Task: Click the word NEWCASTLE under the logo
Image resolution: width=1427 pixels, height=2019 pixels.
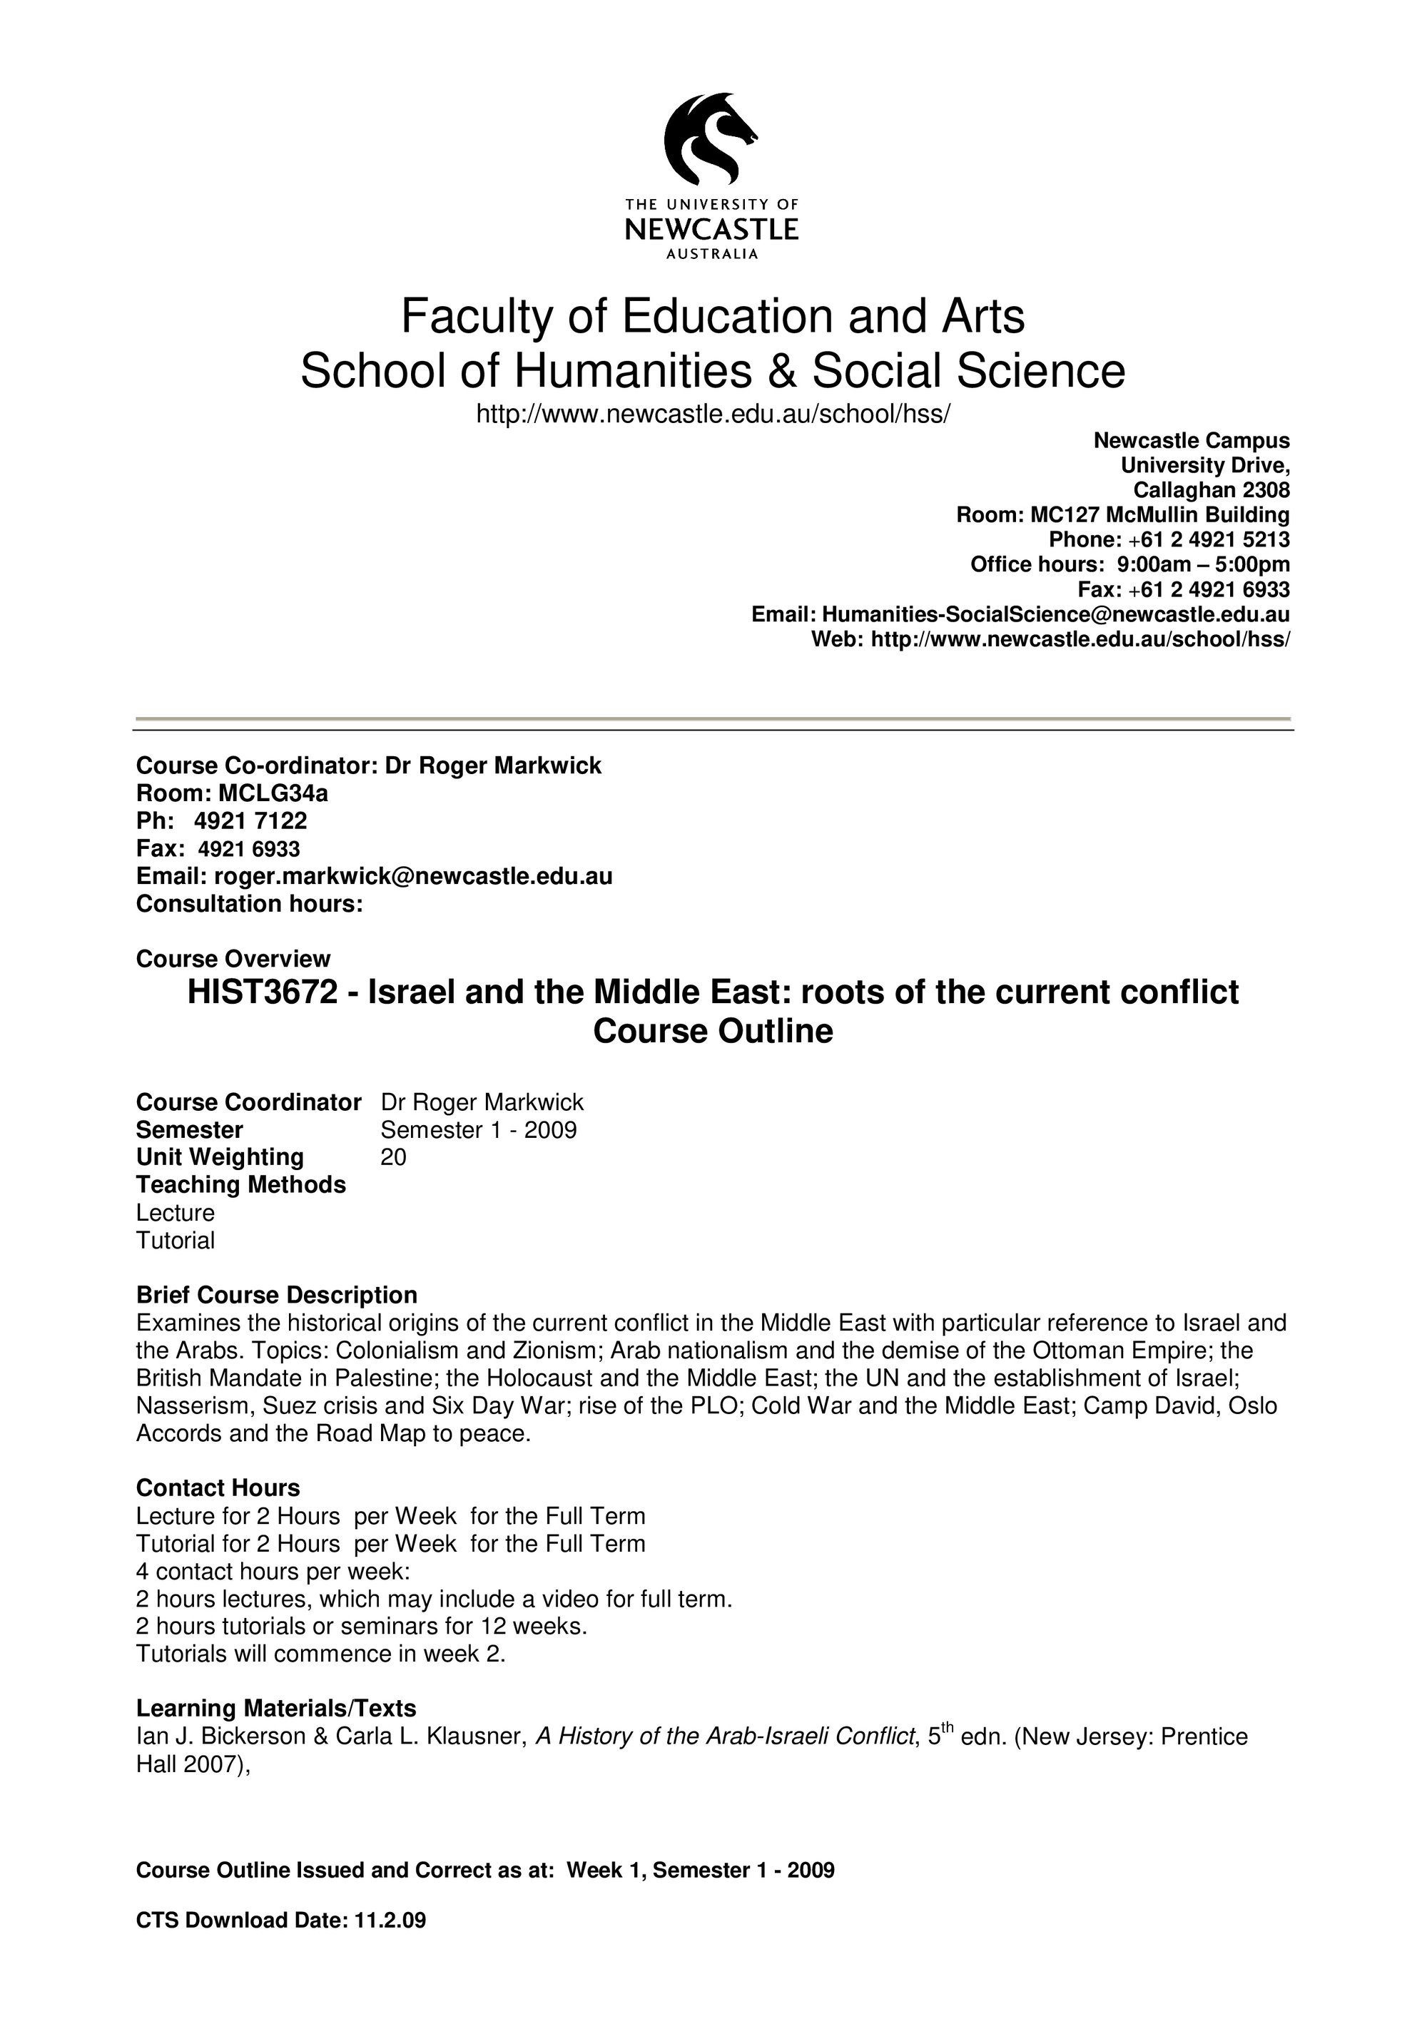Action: pyautogui.click(x=711, y=230)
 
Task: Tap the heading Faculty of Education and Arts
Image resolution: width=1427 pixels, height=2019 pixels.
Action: pyautogui.click(x=712, y=317)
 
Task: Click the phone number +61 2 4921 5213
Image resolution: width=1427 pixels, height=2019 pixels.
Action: pyautogui.click(x=1209, y=539)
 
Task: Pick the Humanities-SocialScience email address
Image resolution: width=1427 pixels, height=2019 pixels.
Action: pyautogui.click(x=1055, y=614)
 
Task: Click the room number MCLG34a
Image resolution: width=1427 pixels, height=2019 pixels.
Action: pyautogui.click(x=273, y=793)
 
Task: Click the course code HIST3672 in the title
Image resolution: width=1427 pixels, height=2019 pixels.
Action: pyautogui.click(x=262, y=992)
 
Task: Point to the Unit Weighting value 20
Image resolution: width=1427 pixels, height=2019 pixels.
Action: pyautogui.click(x=393, y=1157)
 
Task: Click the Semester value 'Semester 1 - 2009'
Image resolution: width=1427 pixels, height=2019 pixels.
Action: pyautogui.click(x=478, y=1130)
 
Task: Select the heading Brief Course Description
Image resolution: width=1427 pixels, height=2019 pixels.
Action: pyautogui.click(x=276, y=1296)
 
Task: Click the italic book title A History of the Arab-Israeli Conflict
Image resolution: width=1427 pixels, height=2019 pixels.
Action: pyautogui.click(x=726, y=1736)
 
